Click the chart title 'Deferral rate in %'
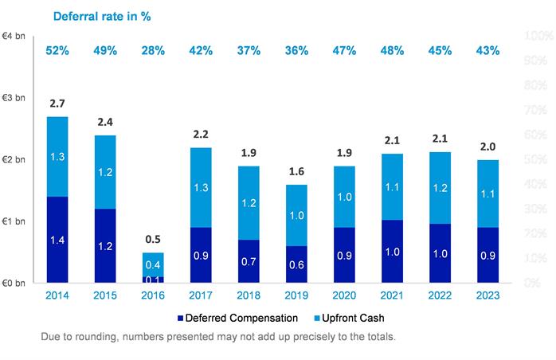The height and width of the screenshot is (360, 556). [101, 15]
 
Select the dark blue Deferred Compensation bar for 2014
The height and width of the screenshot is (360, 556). [57, 239]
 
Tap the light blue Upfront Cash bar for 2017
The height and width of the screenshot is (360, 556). [201, 187]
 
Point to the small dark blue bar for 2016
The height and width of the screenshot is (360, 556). [153, 279]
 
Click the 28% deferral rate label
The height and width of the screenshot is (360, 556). [153, 51]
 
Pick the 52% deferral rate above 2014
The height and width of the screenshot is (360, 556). [57, 51]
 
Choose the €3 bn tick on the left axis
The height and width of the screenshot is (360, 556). [14, 98]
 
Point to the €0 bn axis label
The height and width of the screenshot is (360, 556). [14, 283]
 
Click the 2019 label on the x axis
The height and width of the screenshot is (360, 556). [296, 295]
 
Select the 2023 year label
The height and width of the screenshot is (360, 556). [487, 295]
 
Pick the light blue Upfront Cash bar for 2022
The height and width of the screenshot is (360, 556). [440, 188]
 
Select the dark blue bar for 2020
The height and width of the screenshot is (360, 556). [344, 255]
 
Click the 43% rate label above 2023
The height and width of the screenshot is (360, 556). [487, 51]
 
